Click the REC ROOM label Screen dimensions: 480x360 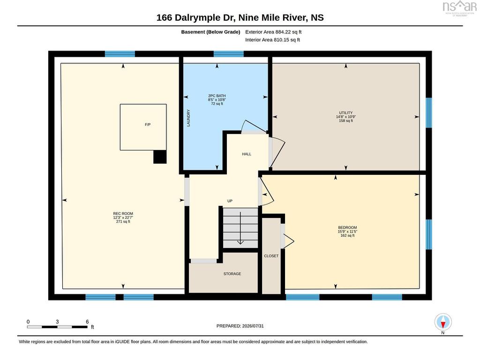coord(123,214)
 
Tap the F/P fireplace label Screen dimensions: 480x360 coord(148,125)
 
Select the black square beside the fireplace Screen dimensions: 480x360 coord(160,157)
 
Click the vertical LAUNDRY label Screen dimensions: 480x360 coord(188,118)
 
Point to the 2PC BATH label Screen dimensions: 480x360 coord(217,96)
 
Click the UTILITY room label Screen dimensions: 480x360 coord(346,112)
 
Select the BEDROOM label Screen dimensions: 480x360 coord(347,227)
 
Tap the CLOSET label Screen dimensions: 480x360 coord(271,256)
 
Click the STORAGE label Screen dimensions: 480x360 coord(232,274)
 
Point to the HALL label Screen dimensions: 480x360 coord(247,154)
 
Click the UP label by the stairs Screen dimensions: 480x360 coord(230,201)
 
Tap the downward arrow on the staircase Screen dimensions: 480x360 coord(240,228)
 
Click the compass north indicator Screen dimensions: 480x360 coord(443,322)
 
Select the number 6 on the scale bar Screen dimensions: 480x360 coord(87,322)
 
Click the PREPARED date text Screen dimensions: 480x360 coord(240,326)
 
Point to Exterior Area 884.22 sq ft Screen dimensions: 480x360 coord(273,32)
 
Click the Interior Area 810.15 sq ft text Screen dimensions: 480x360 coord(272,40)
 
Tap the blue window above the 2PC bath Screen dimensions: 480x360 coord(229,54)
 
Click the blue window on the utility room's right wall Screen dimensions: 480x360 coord(429,112)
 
